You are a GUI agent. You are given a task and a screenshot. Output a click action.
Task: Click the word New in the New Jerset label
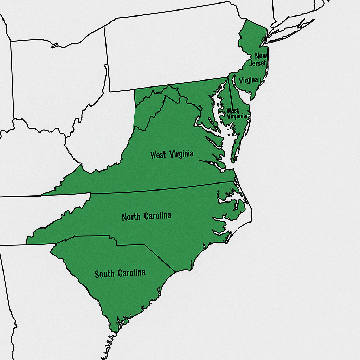pyautogui.click(x=261, y=56)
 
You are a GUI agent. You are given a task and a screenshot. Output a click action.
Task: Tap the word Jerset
pyautogui.click(x=258, y=63)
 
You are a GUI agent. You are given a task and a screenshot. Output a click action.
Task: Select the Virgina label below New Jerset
pyautogui.click(x=248, y=80)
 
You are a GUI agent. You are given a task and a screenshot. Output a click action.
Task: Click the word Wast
pyautogui.click(x=233, y=110)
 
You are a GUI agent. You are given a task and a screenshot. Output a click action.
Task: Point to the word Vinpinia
pyautogui.click(x=238, y=116)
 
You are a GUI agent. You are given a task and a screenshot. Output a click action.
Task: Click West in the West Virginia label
pyautogui.click(x=158, y=155)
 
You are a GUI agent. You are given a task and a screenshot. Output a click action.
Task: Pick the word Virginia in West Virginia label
pyautogui.click(x=181, y=154)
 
